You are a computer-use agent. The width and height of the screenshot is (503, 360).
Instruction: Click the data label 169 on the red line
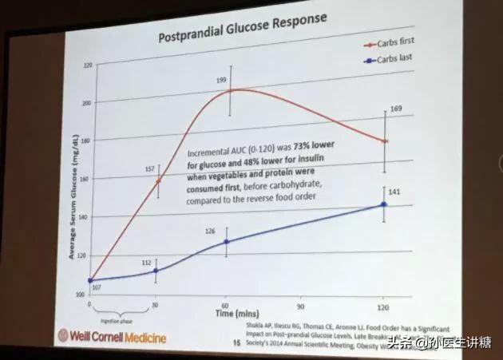click(394, 109)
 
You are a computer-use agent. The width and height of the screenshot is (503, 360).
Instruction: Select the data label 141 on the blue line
click(393, 192)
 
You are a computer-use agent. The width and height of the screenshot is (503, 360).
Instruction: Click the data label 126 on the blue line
click(211, 231)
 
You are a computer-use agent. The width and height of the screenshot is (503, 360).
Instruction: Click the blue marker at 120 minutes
click(384, 205)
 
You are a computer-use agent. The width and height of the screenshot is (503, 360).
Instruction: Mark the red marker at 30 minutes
click(158, 181)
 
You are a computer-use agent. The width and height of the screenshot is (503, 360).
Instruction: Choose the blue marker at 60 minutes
click(227, 241)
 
